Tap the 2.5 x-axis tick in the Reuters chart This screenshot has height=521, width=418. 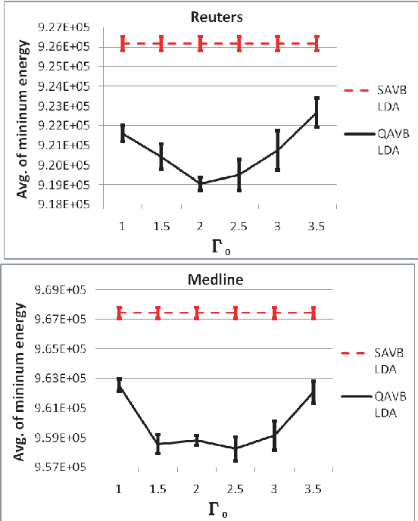click(x=239, y=226)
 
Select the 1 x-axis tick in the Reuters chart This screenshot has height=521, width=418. click(x=122, y=226)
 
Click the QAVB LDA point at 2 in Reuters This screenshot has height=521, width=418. click(x=200, y=184)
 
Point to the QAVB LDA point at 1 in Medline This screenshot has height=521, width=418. click(x=119, y=385)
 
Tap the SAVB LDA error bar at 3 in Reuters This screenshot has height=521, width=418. click(x=278, y=44)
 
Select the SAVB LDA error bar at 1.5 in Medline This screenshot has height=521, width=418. click(x=158, y=312)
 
